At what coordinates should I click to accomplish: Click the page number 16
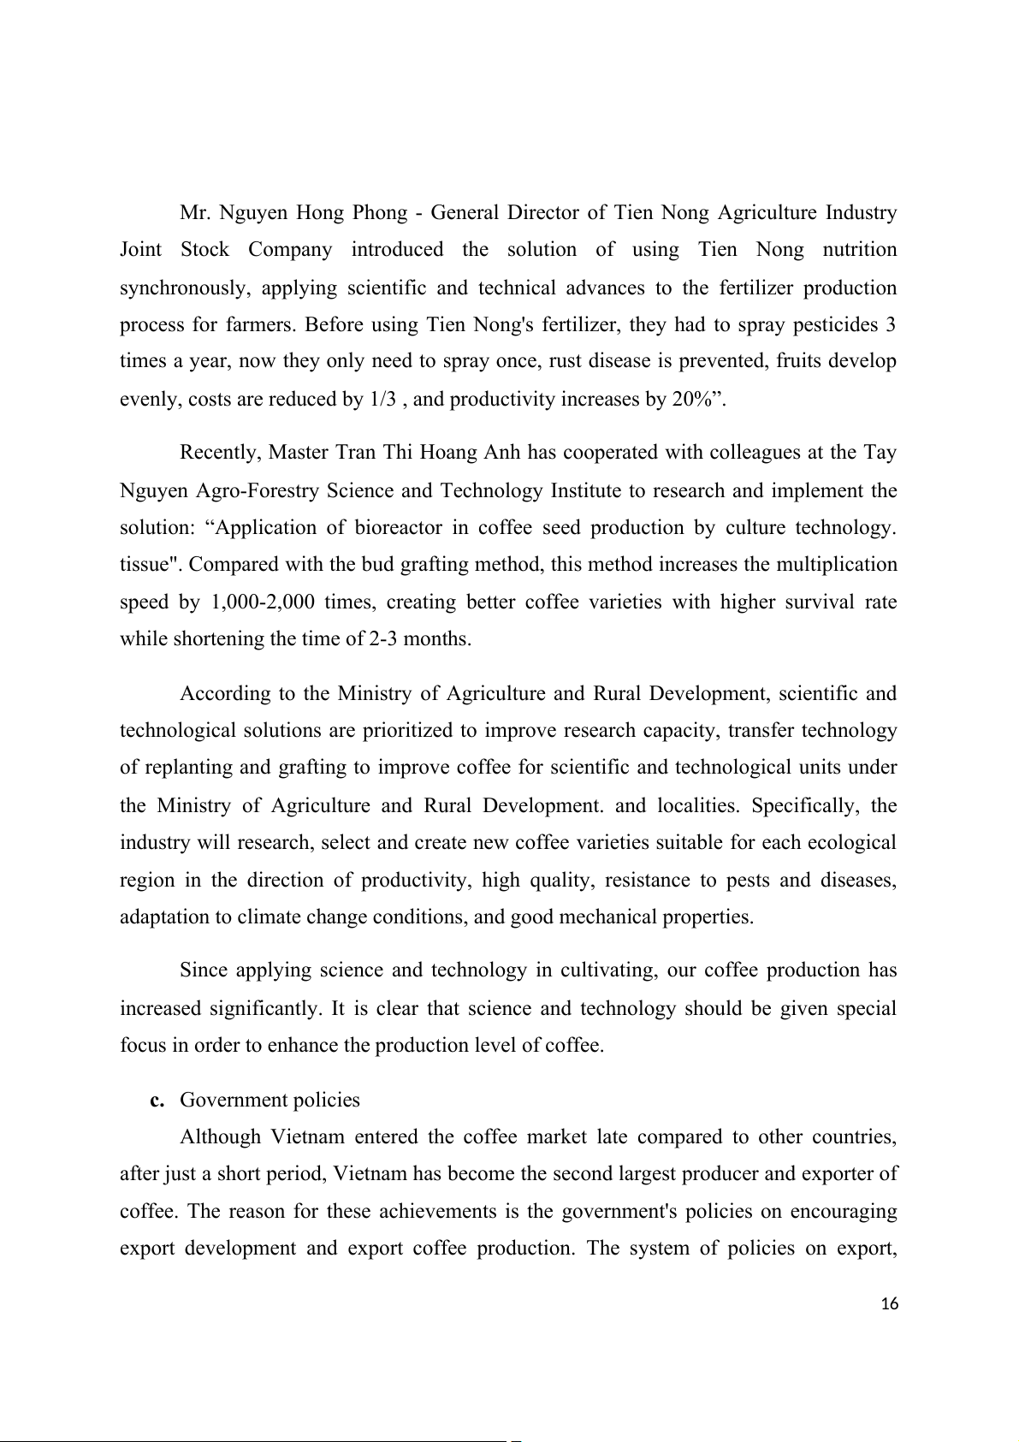[889, 1303]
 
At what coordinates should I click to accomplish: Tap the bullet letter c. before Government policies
[157, 1101]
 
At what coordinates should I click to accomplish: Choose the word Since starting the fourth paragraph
[203, 970]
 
